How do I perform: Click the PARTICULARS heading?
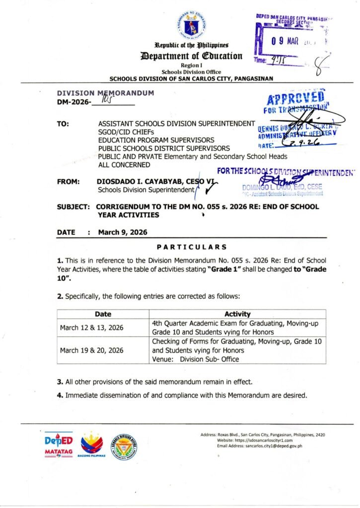(192, 247)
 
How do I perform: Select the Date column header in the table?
(103, 314)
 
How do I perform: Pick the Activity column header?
(237, 314)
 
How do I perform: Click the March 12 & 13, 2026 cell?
(92, 328)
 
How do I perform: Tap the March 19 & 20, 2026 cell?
(92, 350)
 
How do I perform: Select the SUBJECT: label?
(73, 206)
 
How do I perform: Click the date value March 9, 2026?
(123, 232)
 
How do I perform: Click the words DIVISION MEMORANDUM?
(106, 93)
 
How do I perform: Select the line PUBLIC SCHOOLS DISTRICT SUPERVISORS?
(164, 148)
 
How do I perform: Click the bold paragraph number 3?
(59, 381)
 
